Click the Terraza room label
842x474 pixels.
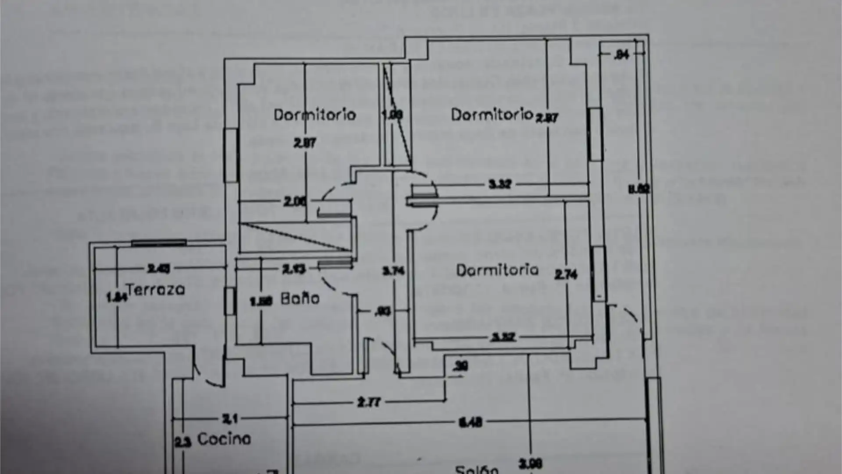pos(156,290)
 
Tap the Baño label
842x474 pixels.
pos(300,299)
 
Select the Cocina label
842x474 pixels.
pos(224,438)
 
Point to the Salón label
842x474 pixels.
pos(477,469)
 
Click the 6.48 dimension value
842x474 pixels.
pos(470,422)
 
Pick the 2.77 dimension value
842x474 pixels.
pos(369,402)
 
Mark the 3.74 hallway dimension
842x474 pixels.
pos(393,271)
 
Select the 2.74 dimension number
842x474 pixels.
pos(566,275)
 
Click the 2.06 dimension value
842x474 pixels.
pos(295,201)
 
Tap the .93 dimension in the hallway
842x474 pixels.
pos(383,312)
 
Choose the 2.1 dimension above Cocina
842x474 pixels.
pos(230,419)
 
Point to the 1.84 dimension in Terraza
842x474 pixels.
pos(116,297)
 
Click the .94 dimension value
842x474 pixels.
pos(622,54)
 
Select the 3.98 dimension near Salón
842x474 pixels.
pos(530,463)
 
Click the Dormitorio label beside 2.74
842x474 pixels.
pos(497,270)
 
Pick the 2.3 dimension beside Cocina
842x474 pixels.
pos(183,442)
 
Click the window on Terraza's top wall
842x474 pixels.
pos(159,243)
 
